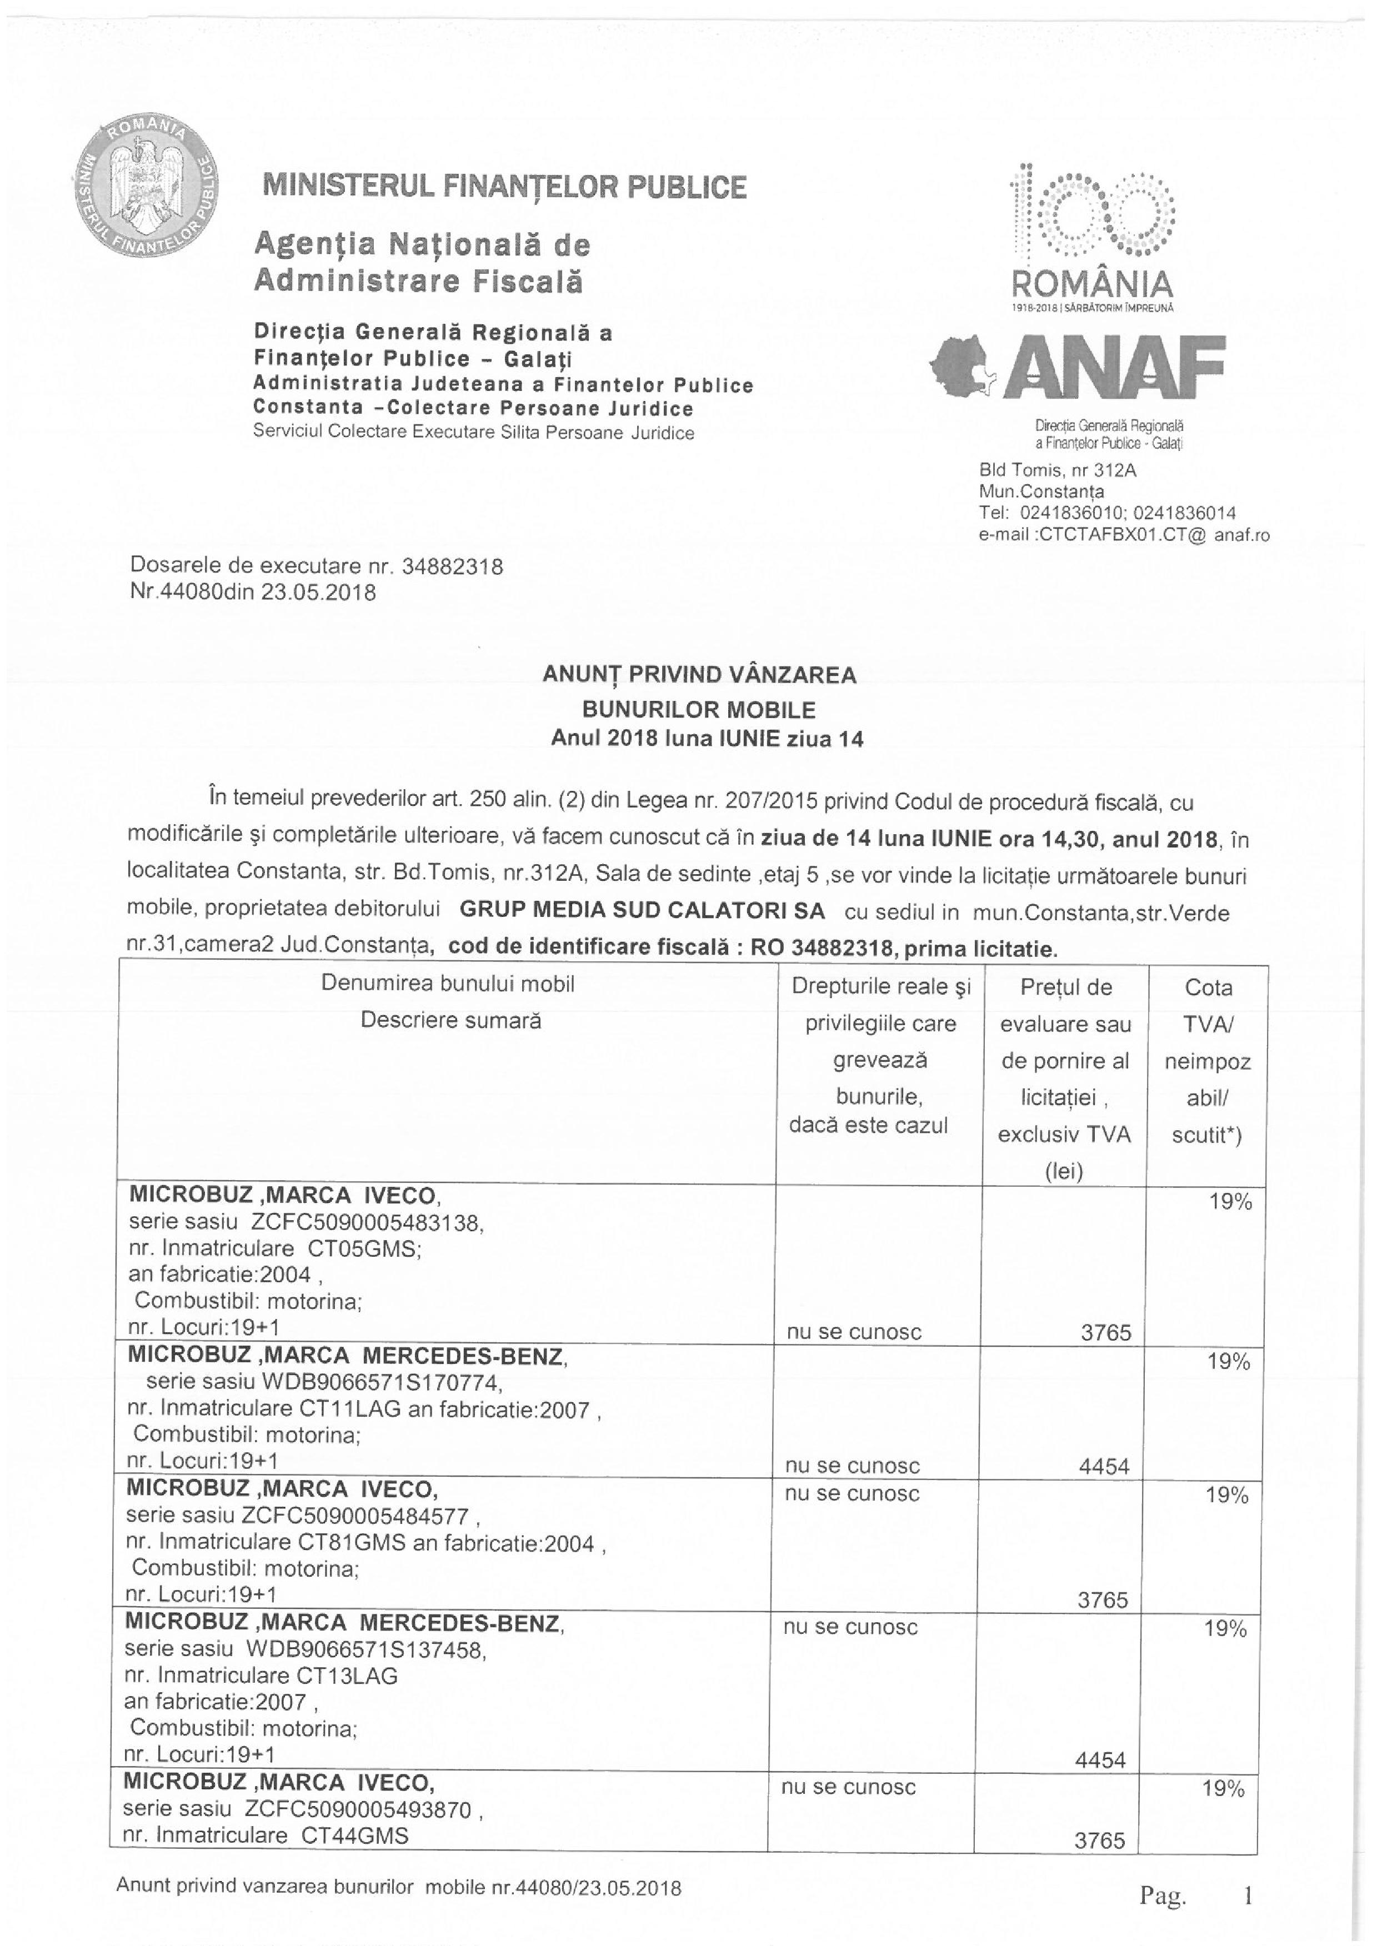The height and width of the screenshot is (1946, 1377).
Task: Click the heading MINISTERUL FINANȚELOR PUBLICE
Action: [x=505, y=187]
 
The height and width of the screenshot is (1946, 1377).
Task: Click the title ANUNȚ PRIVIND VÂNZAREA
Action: [x=699, y=675]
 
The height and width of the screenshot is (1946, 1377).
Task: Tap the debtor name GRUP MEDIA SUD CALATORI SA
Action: [x=642, y=911]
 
